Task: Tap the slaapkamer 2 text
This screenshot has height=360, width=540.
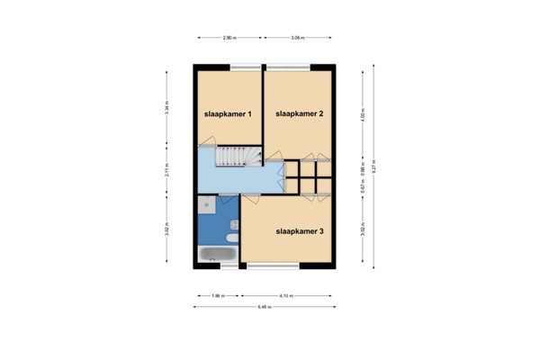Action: tap(300, 114)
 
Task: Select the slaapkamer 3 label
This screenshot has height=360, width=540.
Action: tap(300, 231)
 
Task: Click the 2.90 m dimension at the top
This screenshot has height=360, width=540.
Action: tap(229, 38)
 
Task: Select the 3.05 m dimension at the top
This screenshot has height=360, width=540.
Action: tap(299, 38)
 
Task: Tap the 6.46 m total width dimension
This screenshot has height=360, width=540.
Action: tap(265, 307)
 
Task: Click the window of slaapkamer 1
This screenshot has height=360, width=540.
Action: tap(242, 67)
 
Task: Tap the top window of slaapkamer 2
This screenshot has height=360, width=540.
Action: tap(288, 67)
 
